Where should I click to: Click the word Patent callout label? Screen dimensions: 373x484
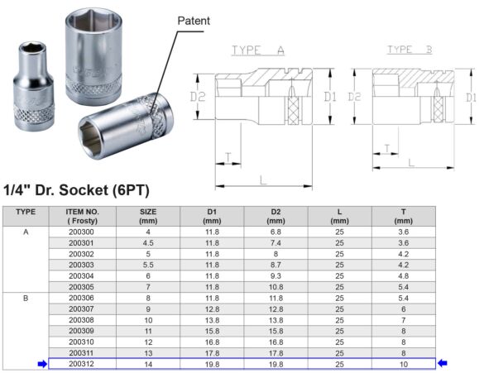coord(194,20)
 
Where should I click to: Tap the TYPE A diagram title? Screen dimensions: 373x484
coord(257,50)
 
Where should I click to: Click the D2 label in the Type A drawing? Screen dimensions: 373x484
coord(198,98)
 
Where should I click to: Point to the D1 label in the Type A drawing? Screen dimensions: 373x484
coord(331,97)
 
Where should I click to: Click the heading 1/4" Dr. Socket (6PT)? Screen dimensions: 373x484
coord(76,191)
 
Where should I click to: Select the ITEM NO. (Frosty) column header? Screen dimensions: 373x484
coord(82,216)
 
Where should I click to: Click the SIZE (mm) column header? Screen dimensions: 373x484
coord(148,216)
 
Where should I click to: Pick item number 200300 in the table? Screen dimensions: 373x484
coord(82,232)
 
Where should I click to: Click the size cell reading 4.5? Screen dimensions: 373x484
coord(148,243)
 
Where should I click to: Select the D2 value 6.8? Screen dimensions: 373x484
coord(276,232)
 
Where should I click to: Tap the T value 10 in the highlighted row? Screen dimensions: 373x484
coord(403,362)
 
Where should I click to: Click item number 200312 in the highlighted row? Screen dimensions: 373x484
coord(82,362)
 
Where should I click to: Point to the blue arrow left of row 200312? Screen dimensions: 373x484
coord(41,362)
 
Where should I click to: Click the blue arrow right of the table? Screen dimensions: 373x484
coord(443,362)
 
